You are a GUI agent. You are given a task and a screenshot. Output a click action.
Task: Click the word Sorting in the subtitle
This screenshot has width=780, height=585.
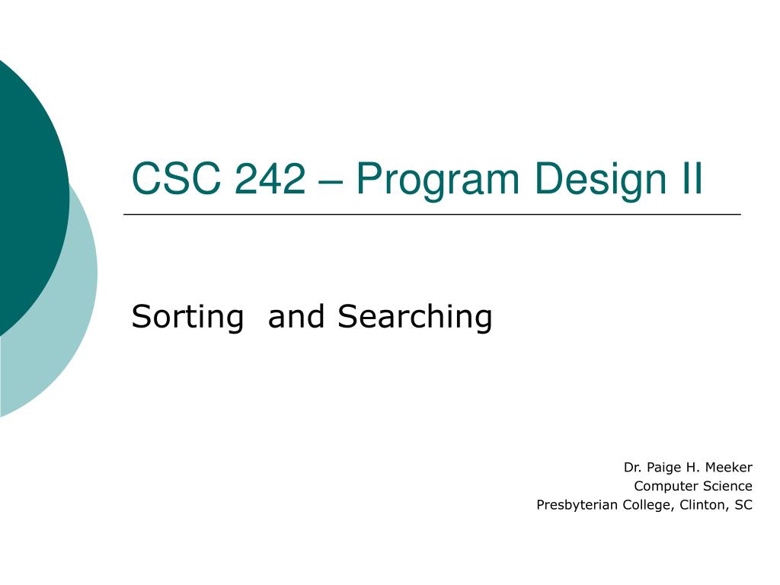click(x=187, y=317)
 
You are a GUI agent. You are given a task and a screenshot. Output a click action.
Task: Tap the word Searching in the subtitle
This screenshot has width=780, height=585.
click(x=415, y=317)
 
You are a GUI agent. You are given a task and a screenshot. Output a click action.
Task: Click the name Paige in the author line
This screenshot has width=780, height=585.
click(x=662, y=468)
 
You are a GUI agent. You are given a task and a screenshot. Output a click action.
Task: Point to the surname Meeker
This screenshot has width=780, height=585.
click(x=727, y=467)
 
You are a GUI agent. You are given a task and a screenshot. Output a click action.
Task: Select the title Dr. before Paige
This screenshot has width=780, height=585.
click(x=631, y=467)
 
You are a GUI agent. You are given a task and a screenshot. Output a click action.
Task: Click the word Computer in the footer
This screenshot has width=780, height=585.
click(x=663, y=487)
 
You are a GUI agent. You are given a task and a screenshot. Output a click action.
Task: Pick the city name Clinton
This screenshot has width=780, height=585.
click(x=702, y=505)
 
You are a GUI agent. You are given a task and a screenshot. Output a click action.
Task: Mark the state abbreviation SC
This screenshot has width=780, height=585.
click(x=743, y=505)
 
